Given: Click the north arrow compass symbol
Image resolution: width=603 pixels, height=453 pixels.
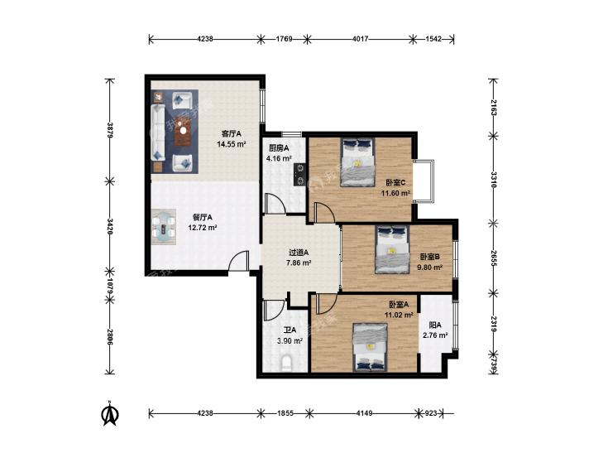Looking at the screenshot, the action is tap(110, 414).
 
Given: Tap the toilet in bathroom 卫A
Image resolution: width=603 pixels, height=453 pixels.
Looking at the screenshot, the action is tap(286, 364).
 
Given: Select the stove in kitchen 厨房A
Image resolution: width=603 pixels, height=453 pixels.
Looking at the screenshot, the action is tap(299, 175).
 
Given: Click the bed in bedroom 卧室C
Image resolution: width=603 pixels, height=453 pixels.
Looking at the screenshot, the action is tap(357, 162).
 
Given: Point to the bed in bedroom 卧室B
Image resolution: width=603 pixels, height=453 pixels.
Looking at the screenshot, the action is tap(392, 249).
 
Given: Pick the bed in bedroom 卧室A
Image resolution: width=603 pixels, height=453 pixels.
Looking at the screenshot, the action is tap(370, 348).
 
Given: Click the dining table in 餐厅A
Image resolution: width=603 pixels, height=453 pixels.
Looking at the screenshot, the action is tap(164, 228).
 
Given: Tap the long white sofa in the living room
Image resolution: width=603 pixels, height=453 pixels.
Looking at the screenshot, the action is tap(158, 132).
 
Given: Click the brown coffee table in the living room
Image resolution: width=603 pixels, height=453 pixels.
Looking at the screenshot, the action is tap(183, 131).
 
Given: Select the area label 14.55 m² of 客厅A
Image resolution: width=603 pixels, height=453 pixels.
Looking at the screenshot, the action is tap(231, 145).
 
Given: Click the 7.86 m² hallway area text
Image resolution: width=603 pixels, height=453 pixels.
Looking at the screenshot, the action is tap(299, 263).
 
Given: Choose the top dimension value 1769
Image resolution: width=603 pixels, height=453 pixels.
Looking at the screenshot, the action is tap(285, 38).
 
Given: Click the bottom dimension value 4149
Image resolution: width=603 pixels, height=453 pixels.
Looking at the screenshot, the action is tap(364, 413).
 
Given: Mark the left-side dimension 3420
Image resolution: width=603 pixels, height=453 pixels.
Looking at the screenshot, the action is tap(110, 227).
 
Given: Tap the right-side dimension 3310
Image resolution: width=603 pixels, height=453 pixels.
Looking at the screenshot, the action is tap(493, 180).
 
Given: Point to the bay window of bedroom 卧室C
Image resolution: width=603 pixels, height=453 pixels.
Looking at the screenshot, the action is tap(424, 180).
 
